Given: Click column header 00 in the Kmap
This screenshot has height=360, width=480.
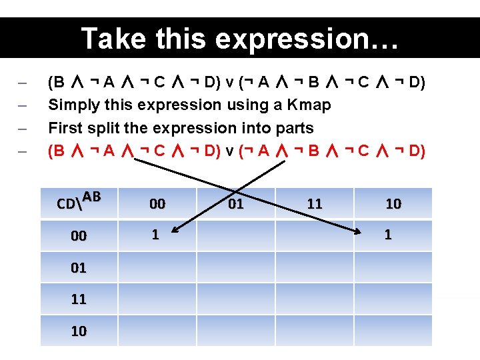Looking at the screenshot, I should click(x=157, y=204).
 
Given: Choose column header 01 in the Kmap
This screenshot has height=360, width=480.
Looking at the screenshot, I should click(x=236, y=204).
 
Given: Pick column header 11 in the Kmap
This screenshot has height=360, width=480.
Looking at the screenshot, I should click(x=315, y=204).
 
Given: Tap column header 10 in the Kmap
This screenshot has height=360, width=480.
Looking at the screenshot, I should click(x=393, y=204).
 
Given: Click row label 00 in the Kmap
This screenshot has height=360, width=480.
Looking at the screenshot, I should click(x=79, y=235).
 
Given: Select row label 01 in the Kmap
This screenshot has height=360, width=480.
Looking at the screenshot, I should click(x=79, y=267).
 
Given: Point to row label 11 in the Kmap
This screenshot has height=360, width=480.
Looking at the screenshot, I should click(x=79, y=299).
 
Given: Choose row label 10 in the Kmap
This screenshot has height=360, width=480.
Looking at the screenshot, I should click(x=79, y=331).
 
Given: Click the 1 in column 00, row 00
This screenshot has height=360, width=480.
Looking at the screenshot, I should click(x=155, y=235).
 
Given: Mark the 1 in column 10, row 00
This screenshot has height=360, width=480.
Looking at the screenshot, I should click(x=388, y=235).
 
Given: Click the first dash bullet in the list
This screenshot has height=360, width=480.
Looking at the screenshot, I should click(x=22, y=83).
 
